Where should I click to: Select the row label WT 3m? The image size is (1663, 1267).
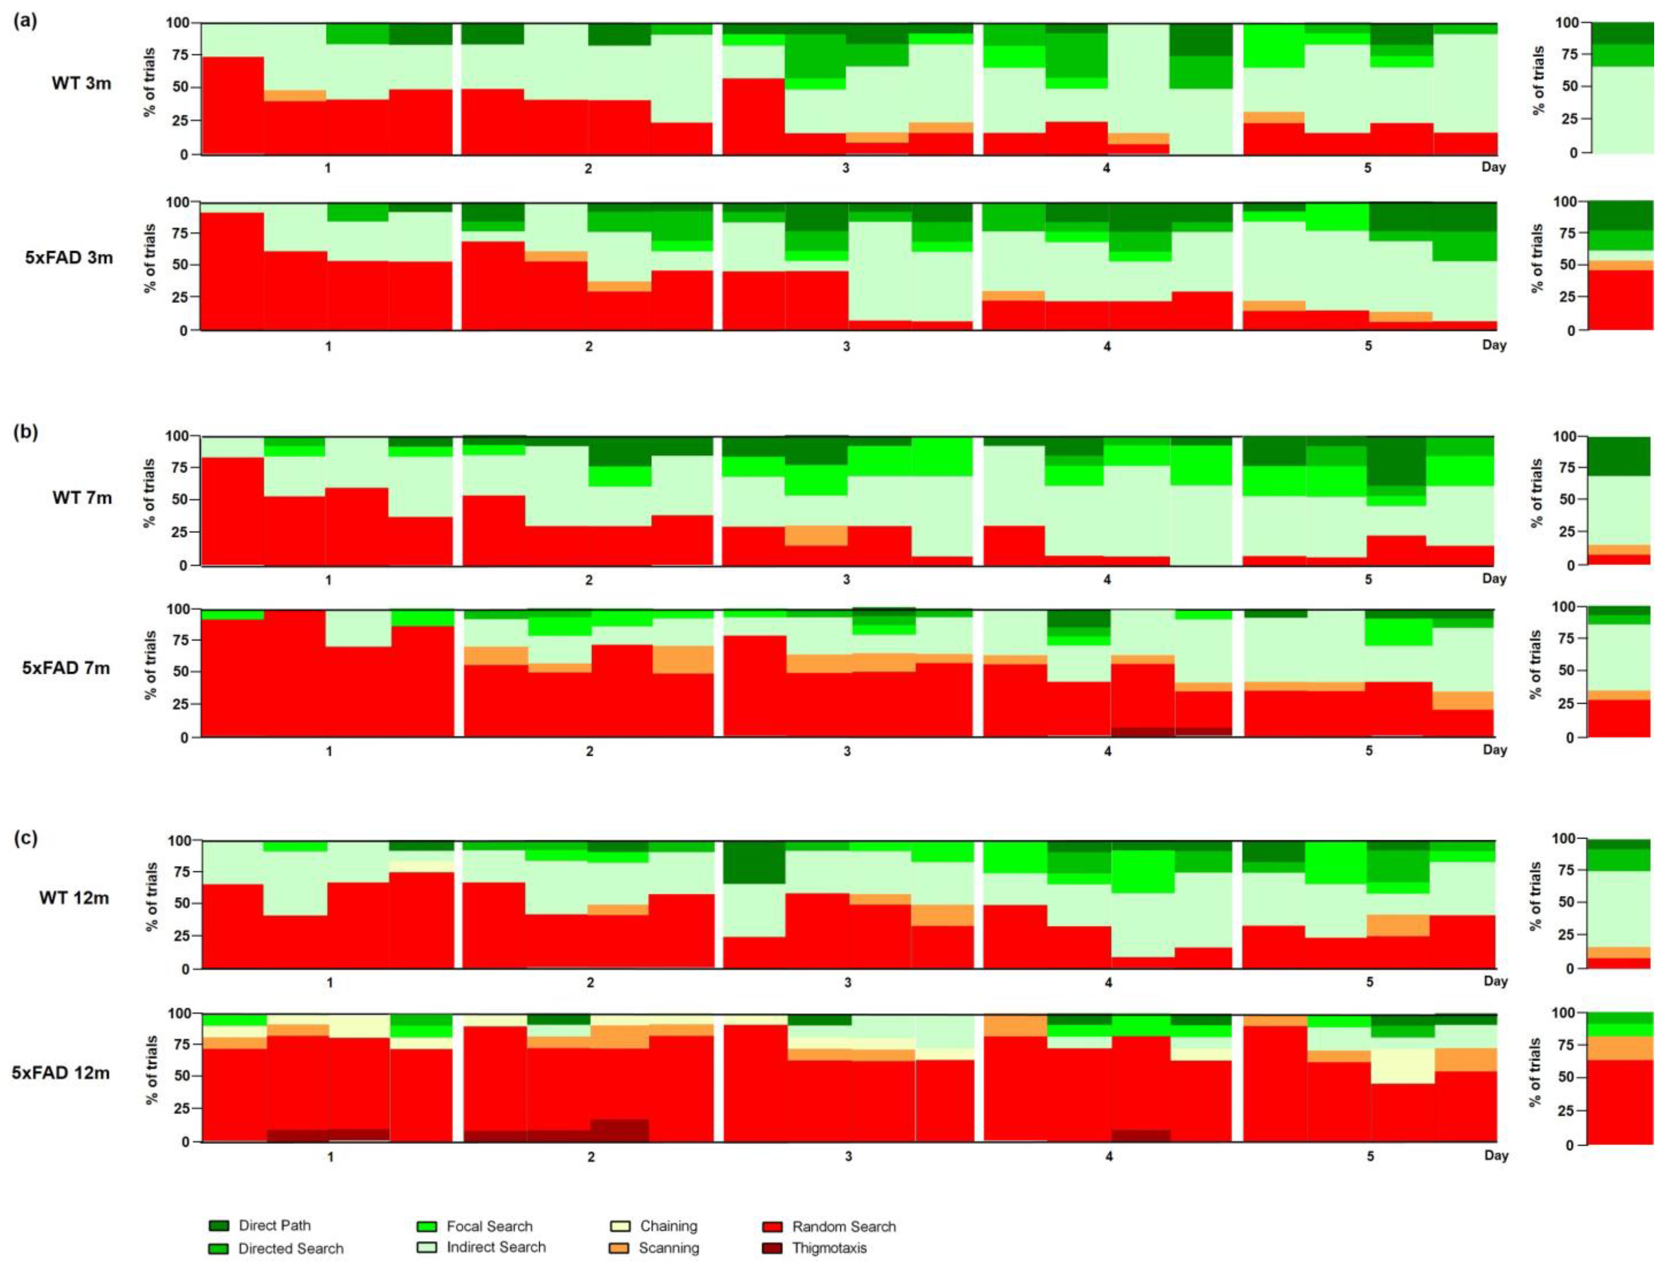coord(82,83)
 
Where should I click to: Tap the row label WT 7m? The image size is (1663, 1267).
coord(82,498)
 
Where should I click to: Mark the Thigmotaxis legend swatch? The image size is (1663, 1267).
coord(773,1247)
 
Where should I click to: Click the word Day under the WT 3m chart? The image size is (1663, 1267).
coord(1493,167)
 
